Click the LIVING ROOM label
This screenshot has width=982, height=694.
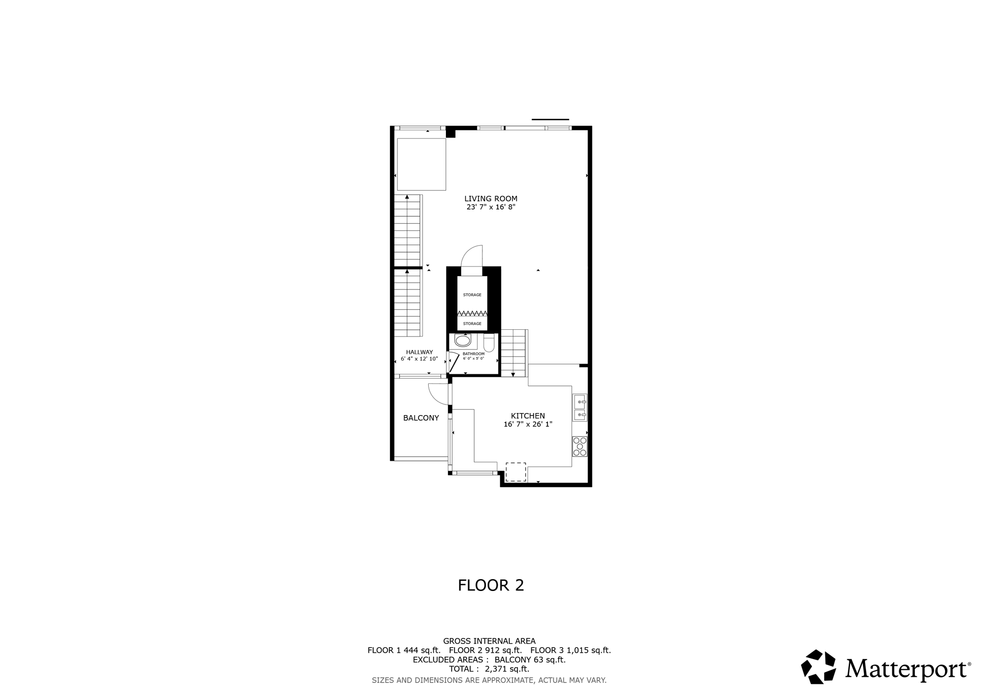(x=491, y=198)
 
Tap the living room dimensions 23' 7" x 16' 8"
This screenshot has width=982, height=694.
(x=491, y=208)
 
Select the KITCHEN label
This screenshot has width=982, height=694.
(x=527, y=416)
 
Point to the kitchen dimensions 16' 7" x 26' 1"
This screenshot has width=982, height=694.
(x=527, y=425)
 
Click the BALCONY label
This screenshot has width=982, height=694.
(x=421, y=418)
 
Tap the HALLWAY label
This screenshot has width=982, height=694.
(x=419, y=352)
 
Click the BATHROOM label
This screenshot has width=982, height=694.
(x=473, y=354)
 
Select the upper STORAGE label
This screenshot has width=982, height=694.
(x=472, y=295)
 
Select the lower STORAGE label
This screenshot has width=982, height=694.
(x=472, y=324)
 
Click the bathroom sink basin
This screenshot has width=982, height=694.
(x=463, y=341)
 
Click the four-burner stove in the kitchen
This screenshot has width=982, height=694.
(x=579, y=446)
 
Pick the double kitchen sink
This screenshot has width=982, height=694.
(x=579, y=407)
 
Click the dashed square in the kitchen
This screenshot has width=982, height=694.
(x=515, y=472)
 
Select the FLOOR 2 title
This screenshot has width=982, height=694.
(x=491, y=585)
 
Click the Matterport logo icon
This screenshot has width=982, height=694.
(x=818, y=667)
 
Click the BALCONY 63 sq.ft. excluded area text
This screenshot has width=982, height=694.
(x=530, y=660)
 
